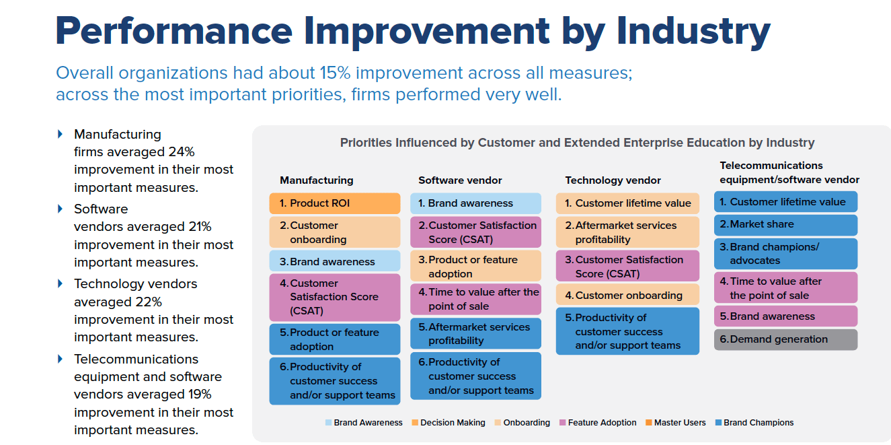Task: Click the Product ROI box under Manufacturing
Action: [x=334, y=203]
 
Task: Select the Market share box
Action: [x=785, y=225]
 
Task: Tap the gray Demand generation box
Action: [x=785, y=339]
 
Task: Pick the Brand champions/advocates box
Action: [x=785, y=254]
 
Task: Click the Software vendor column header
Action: [x=460, y=180]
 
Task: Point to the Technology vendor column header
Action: [x=613, y=180]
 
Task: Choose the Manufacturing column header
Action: [x=316, y=180]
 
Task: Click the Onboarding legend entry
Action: [x=522, y=423]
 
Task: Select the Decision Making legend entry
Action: [x=449, y=423]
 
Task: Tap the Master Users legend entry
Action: [x=675, y=423]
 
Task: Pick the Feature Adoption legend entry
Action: [x=598, y=423]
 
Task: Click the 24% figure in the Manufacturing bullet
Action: [x=182, y=151]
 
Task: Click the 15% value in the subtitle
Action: [x=336, y=73]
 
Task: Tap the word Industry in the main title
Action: [x=693, y=32]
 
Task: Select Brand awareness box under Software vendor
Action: [x=475, y=203]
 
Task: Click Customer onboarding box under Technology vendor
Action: [x=627, y=296]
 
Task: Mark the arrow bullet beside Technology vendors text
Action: [x=60, y=283]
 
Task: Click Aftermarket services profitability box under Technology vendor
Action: [x=627, y=232]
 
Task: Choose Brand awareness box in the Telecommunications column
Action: [x=785, y=316]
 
